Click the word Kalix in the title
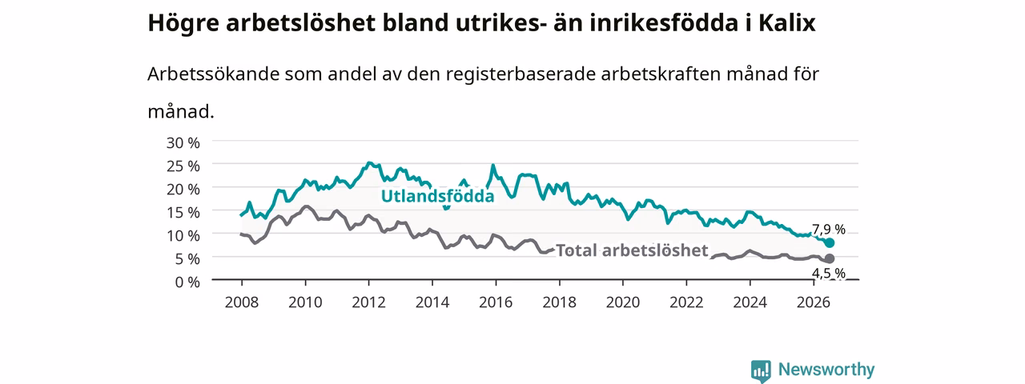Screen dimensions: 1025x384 point(787,23)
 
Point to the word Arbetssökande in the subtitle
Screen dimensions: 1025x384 point(213,74)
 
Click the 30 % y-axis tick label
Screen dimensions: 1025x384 point(183,143)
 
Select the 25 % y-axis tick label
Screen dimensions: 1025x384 point(183,166)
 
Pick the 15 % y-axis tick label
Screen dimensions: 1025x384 point(183,213)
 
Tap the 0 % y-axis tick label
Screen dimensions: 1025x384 point(187,282)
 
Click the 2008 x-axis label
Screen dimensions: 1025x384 point(242,302)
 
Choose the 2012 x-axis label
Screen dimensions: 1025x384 point(369,302)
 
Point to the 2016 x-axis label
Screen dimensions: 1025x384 point(496,302)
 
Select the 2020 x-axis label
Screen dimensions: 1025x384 point(623,302)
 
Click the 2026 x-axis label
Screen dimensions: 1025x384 point(814,302)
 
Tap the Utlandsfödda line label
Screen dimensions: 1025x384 point(438,196)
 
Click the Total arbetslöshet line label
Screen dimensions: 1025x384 point(632,250)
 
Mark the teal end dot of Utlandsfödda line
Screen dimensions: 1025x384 point(830,242)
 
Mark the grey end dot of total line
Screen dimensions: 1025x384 point(830,258)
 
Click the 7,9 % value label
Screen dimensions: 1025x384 point(829,229)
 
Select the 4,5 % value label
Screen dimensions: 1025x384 point(829,274)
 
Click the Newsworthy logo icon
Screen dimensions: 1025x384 point(761,370)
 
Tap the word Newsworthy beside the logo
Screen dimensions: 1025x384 point(826,370)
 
